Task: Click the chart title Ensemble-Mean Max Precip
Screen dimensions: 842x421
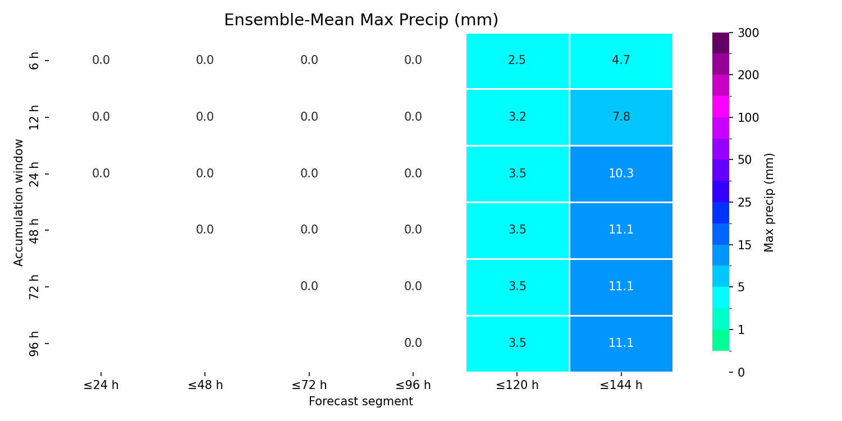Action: [361, 20]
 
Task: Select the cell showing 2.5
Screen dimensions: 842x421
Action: [517, 61]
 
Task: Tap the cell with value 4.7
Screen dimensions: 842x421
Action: [621, 61]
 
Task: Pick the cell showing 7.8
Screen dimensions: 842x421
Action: [621, 117]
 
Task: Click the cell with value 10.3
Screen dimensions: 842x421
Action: [621, 174]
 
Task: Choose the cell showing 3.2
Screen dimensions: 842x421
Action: [517, 117]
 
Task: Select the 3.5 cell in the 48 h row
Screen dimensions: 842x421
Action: [517, 230]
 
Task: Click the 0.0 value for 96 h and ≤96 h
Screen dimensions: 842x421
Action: [413, 343]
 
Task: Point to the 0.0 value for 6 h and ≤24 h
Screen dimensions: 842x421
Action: [101, 60]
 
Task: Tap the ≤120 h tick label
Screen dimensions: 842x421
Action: [517, 385]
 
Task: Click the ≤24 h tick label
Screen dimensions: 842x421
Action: [101, 385]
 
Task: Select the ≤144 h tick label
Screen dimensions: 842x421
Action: [621, 385]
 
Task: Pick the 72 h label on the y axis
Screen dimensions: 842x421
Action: [34, 287]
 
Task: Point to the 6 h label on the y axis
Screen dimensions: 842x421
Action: [34, 61]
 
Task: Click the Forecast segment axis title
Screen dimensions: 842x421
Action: [361, 401]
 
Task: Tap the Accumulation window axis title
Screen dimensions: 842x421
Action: [18, 203]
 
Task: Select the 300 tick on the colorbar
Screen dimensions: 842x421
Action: [748, 33]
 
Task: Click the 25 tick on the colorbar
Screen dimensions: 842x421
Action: [745, 203]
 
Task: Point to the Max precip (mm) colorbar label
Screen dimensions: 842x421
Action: [768, 203]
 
